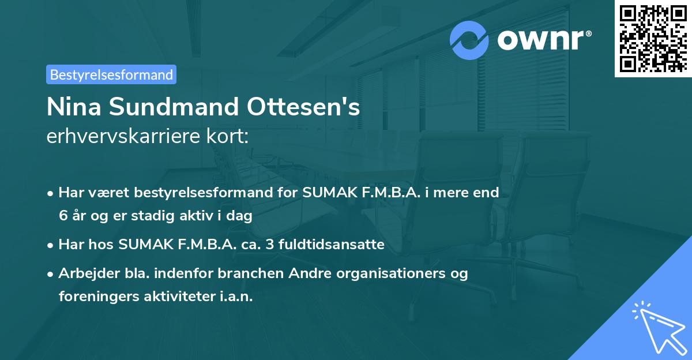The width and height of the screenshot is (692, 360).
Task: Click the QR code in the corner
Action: [x=653, y=39]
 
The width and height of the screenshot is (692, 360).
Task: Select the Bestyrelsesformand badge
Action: [x=111, y=74]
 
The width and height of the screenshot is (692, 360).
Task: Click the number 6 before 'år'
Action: [x=63, y=216]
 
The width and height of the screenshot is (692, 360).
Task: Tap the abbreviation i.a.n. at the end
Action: [x=237, y=297]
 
